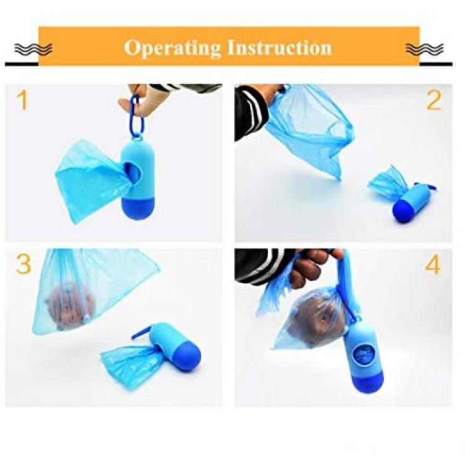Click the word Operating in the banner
(172, 48)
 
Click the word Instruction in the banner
(280, 48)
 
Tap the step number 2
(433, 100)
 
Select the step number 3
(24, 264)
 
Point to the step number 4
(433, 264)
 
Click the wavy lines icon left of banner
(33, 49)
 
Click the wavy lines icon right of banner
(425, 49)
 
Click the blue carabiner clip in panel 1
(137, 117)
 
